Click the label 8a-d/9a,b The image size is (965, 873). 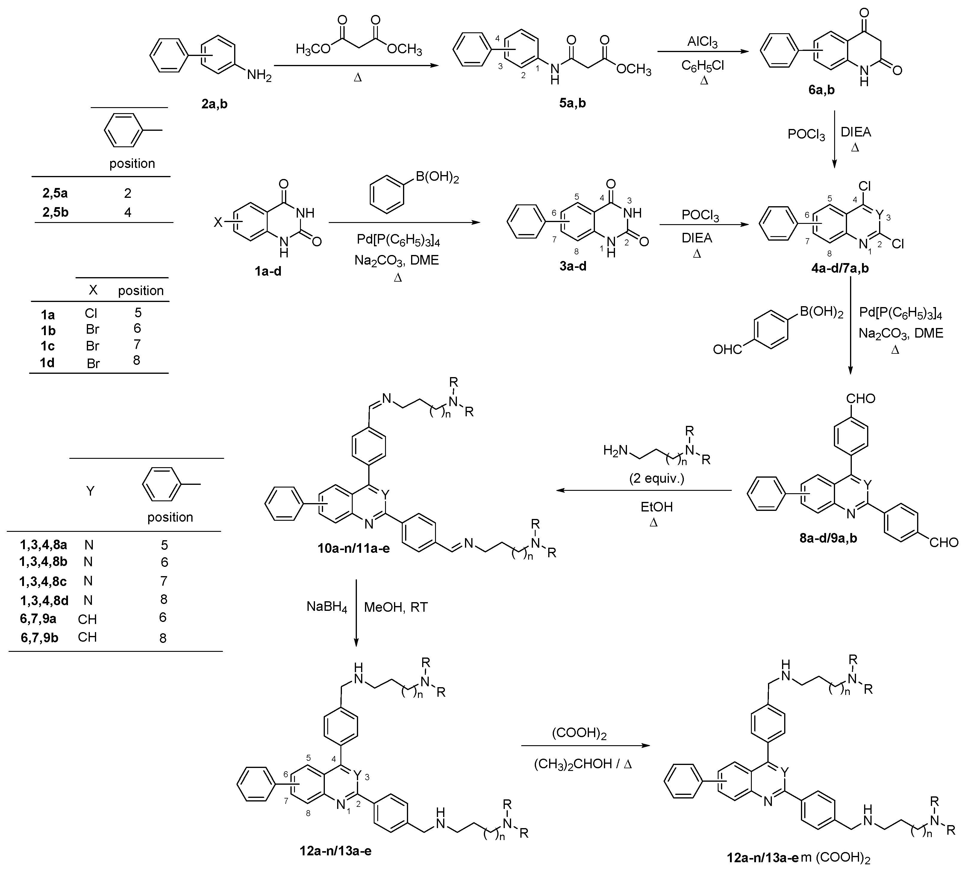click(x=828, y=538)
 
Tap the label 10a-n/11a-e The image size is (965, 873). click(x=354, y=548)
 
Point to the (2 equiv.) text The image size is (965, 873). click(x=657, y=478)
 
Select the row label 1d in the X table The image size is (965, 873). click(x=47, y=363)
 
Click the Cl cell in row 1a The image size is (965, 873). click(x=91, y=313)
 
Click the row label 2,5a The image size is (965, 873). click(x=55, y=193)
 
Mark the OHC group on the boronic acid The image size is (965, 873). click(x=727, y=350)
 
